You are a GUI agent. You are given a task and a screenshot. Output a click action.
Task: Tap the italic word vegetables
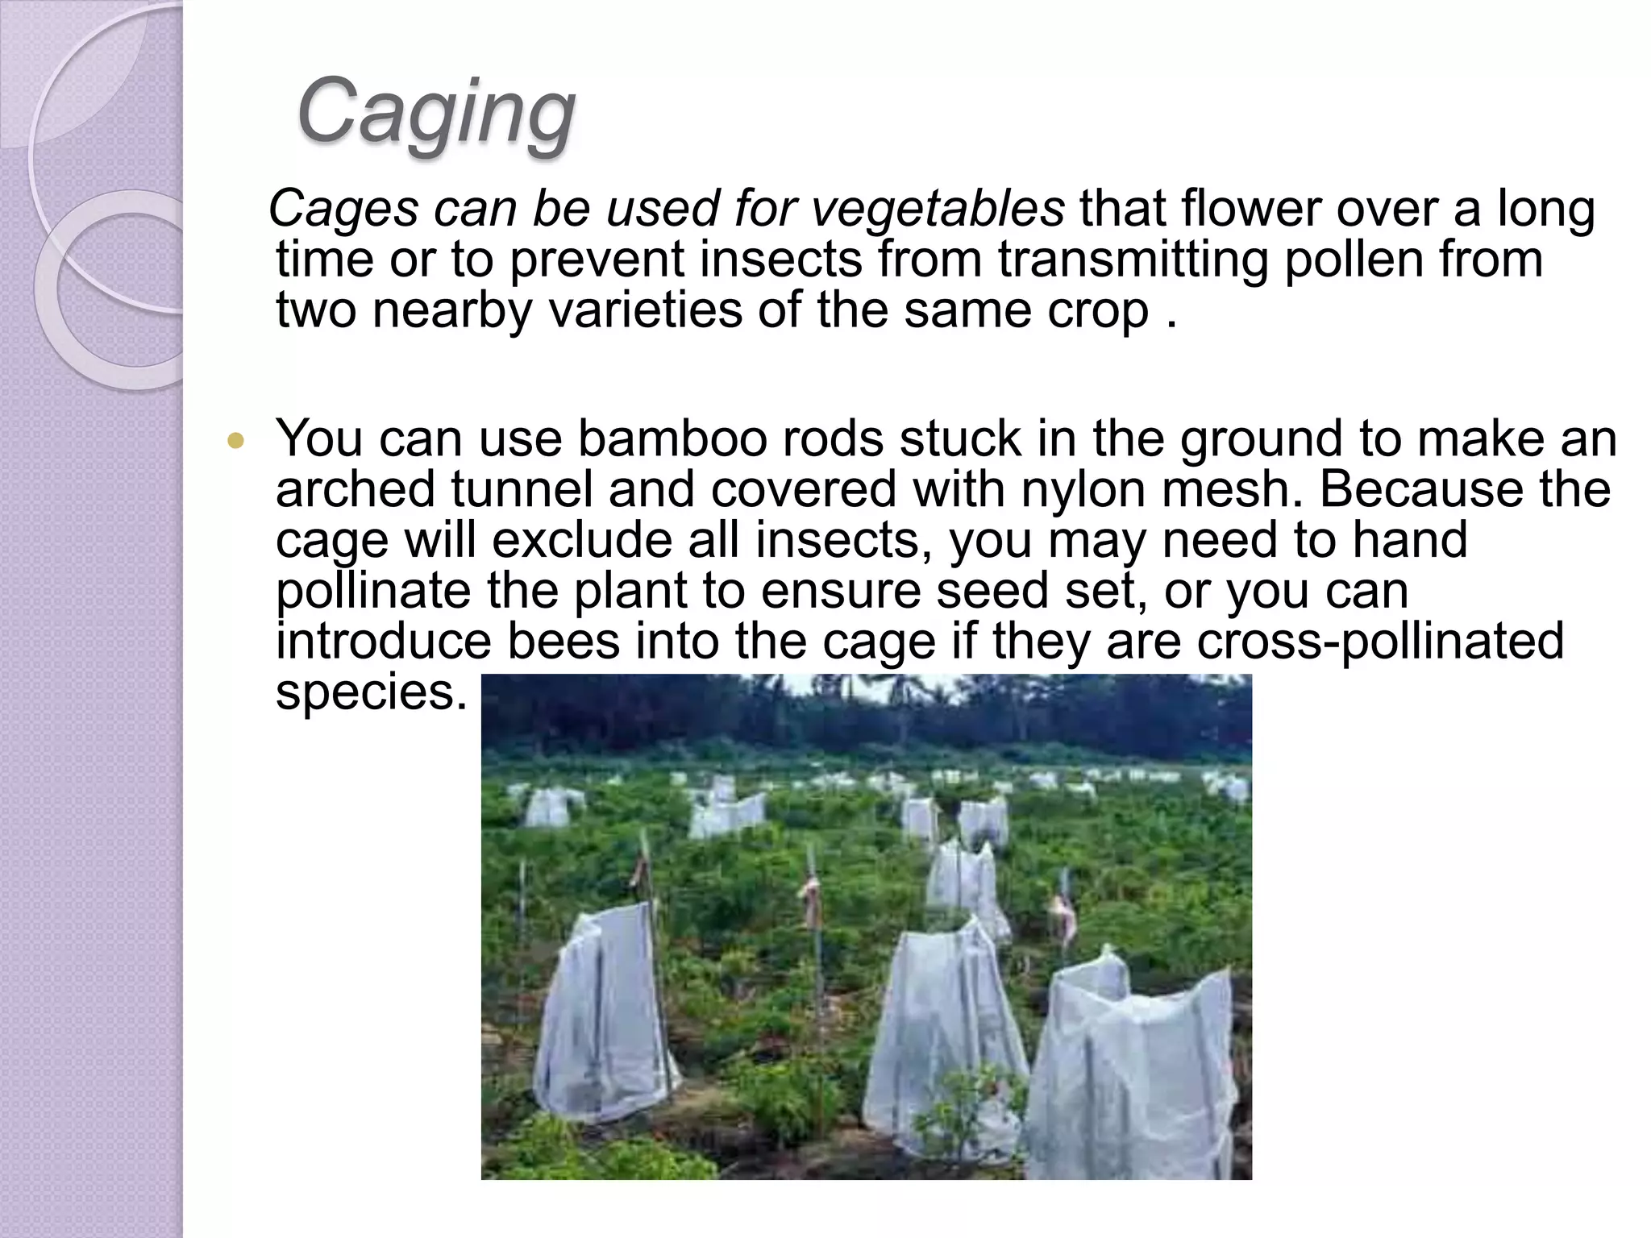click(938, 210)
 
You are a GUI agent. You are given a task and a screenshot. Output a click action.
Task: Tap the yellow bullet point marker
click(235, 441)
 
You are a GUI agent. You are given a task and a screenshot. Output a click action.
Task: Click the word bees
click(564, 642)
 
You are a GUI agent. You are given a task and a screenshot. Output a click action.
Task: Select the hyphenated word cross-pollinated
click(1380, 642)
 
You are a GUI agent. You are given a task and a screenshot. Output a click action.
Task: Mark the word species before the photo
click(372, 692)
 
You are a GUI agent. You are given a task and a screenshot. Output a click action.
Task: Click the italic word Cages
click(343, 210)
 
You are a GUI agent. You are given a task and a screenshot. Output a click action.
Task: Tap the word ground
click(1262, 440)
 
